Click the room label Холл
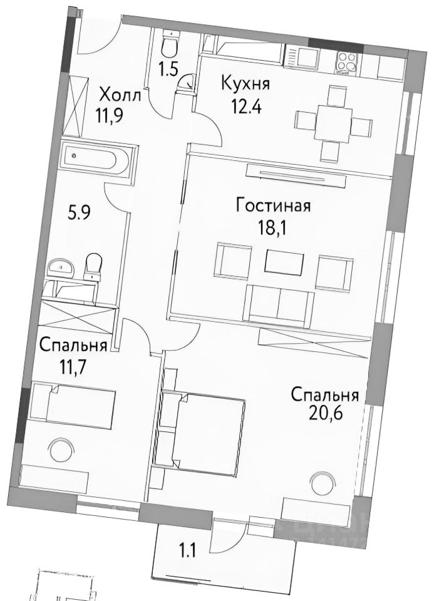point(121,96)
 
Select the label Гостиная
point(273,206)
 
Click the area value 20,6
point(324,414)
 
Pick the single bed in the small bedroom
point(74,404)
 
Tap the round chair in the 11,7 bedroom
point(60,449)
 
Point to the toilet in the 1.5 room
point(168,46)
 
